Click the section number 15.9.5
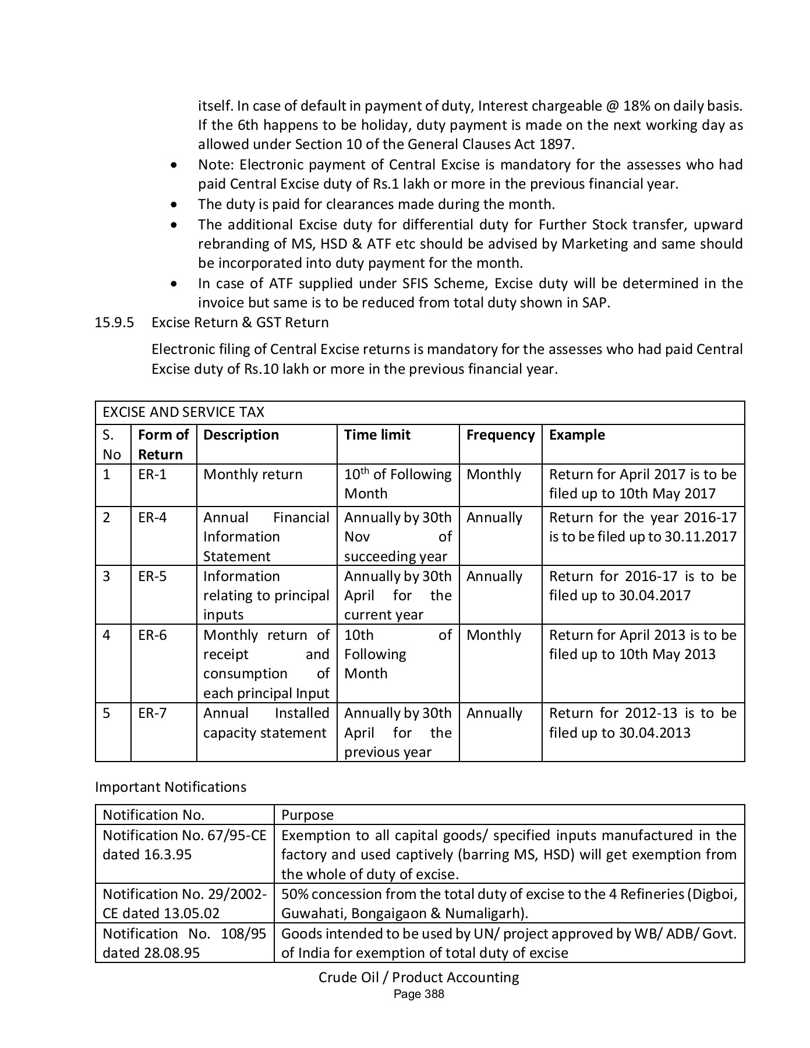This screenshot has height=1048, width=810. coord(114,323)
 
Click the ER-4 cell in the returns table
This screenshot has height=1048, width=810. coord(152,518)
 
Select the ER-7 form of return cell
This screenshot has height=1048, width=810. coord(152,713)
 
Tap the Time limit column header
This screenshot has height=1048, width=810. coord(377,435)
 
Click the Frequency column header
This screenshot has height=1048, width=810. coord(500,435)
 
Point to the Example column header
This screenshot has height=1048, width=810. coord(576,435)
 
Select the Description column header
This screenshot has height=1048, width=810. coord(240,435)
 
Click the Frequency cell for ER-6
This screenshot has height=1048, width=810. coord(493,635)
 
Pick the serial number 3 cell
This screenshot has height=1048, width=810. coord(107,576)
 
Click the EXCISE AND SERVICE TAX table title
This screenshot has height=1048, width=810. coord(183,412)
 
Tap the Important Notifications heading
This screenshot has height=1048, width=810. coord(171,787)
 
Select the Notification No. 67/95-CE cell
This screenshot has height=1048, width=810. coord(184,845)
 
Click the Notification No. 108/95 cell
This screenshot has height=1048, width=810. coord(184,943)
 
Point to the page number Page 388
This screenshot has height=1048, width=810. coord(419,994)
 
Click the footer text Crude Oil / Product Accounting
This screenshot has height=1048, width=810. coord(419,977)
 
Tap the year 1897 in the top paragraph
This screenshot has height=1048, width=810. coord(559,144)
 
